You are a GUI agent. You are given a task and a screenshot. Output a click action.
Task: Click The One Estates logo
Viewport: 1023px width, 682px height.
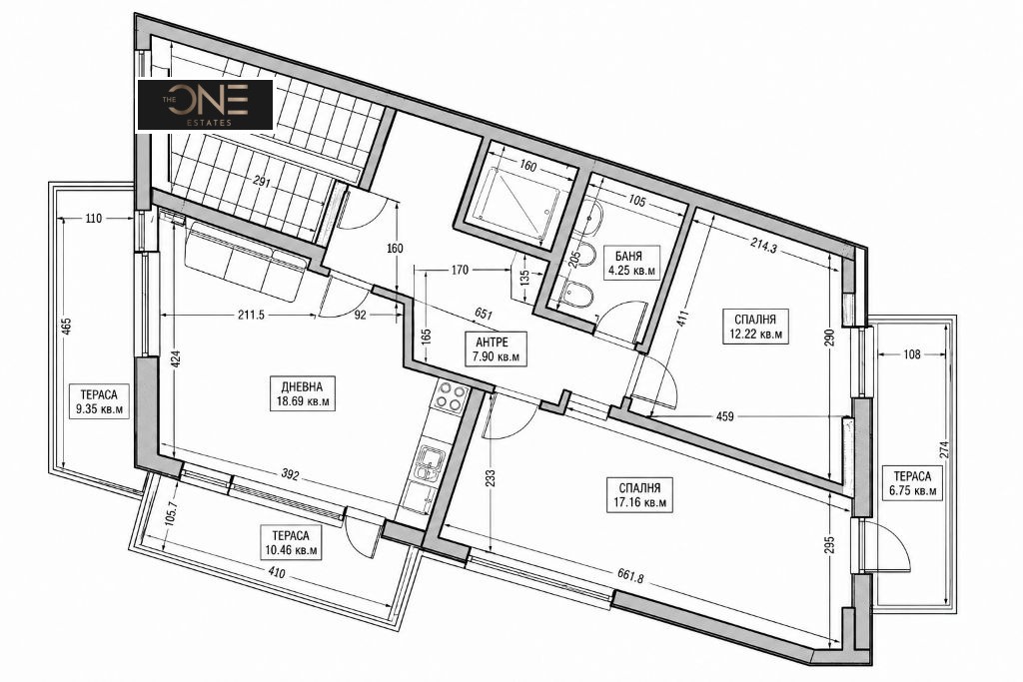(205, 104)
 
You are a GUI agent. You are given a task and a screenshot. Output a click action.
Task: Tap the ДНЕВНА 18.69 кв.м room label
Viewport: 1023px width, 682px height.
(303, 393)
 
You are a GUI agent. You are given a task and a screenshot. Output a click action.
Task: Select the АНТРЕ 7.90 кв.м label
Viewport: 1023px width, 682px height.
(492, 347)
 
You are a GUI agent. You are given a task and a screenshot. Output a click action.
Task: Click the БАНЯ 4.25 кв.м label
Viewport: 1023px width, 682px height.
(631, 262)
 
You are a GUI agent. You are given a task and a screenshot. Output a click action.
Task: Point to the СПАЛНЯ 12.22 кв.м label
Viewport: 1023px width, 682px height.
(755, 326)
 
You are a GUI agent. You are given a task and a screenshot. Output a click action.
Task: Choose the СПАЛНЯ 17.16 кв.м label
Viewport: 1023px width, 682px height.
(639, 495)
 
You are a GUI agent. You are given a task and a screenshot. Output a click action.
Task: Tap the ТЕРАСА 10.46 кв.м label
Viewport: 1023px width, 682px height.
(291, 542)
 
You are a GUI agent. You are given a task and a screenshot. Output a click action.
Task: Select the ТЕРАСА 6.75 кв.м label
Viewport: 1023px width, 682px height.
(912, 483)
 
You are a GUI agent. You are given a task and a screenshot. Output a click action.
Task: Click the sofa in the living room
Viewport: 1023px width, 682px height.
(246, 260)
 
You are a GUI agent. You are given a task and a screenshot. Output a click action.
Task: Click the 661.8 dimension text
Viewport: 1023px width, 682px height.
(631, 577)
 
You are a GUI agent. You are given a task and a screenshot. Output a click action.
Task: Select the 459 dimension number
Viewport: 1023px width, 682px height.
(725, 416)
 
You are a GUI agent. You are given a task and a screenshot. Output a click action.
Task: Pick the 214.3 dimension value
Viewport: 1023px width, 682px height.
(763, 247)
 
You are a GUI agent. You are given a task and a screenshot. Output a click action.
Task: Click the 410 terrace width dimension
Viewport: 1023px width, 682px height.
(277, 575)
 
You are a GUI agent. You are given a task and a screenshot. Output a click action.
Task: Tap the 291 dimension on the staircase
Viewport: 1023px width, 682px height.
(262, 183)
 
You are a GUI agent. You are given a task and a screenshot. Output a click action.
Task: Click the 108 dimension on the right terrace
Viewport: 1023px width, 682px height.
(912, 354)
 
